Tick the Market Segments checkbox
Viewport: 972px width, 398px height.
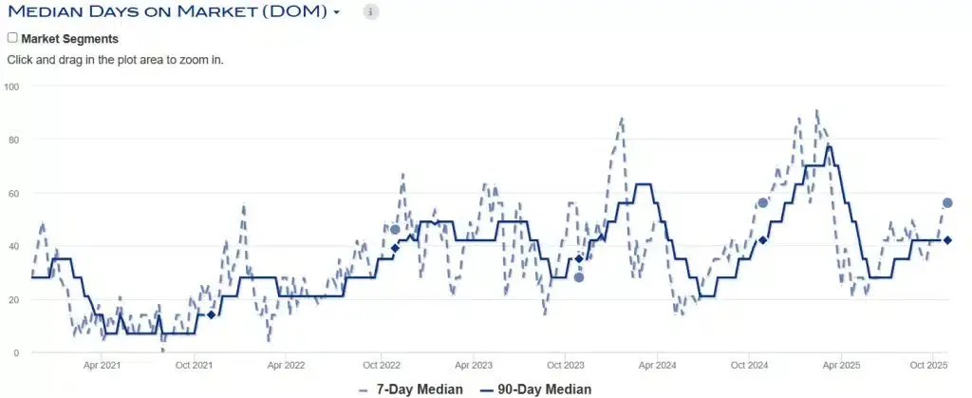click(x=12, y=38)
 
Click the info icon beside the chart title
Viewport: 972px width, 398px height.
click(x=371, y=12)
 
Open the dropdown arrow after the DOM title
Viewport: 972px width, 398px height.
click(x=337, y=13)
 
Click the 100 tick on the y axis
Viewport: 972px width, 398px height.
click(x=12, y=86)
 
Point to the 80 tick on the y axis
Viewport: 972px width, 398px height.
click(x=14, y=140)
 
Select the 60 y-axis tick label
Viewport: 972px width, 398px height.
click(x=14, y=193)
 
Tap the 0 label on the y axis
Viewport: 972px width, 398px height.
click(x=16, y=352)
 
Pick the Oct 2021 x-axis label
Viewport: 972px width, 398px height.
click(x=194, y=365)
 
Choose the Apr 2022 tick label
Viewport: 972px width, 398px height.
click(x=286, y=365)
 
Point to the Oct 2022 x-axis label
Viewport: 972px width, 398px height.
click(x=381, y=365)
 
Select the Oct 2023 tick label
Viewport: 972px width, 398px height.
click(x=567, y=365)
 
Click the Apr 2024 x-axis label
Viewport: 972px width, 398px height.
click(x=658, y=365)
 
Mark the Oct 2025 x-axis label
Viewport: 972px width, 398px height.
click(x=930, y=365)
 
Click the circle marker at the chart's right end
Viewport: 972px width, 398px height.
click(x=947, y=202)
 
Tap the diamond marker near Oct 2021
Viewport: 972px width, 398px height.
click(x=211, y=314)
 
